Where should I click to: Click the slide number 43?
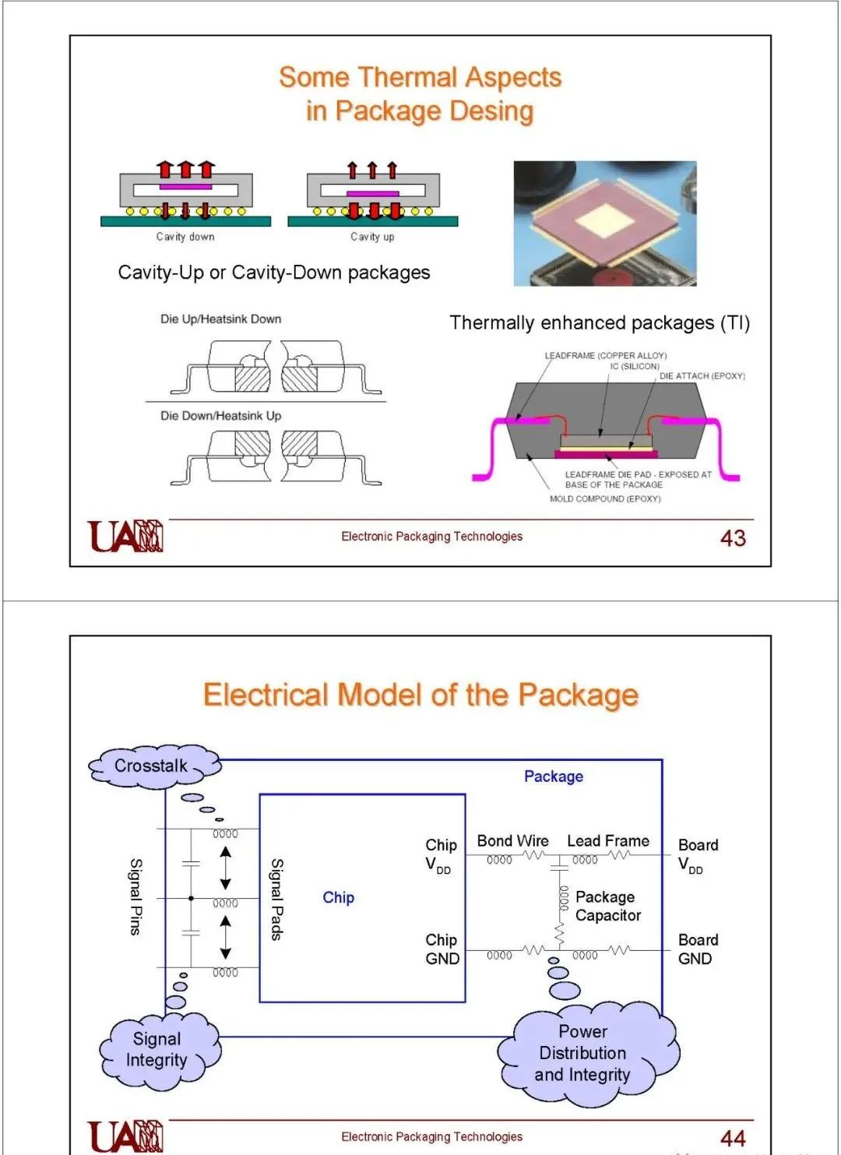(733, 538)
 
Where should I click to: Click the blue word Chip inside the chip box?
(338, 897)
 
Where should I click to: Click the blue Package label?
(554, 776)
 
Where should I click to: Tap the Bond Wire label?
(512, 841)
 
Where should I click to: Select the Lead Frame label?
(608, 841)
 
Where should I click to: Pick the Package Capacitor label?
(608, 906)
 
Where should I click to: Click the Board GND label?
(698, 949)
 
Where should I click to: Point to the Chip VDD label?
(441, 855)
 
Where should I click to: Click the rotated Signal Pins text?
(135, 896)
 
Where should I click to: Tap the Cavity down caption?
(185, 237)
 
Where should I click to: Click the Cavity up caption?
(372, 237)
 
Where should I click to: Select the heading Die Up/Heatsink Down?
(220, 319)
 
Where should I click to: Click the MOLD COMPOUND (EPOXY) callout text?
(605, 498)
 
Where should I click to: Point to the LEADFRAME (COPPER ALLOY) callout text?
(605, 356)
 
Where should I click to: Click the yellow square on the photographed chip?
(605, 222)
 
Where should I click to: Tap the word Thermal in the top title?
(407, 77)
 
